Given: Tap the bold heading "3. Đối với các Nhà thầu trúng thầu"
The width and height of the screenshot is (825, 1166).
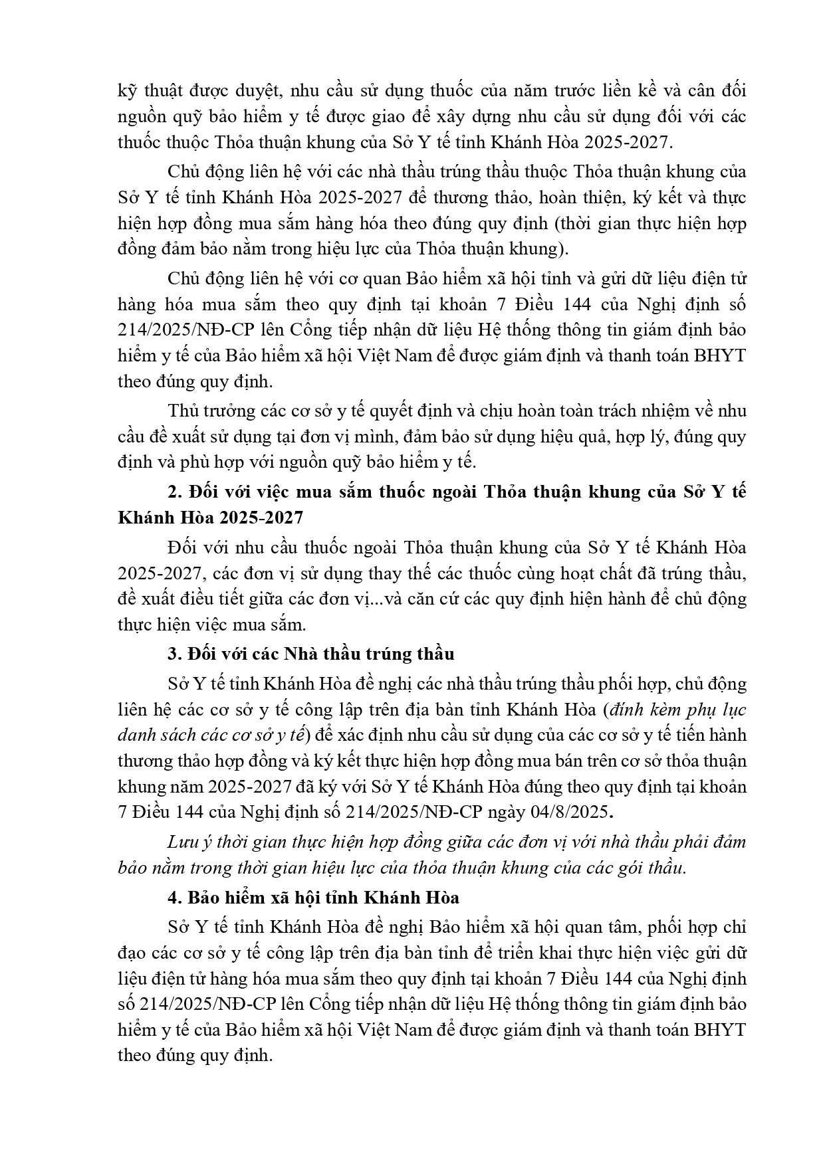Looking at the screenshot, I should click(311, 654).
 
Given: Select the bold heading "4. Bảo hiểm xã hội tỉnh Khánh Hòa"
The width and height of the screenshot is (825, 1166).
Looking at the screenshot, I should click(314, 898).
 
